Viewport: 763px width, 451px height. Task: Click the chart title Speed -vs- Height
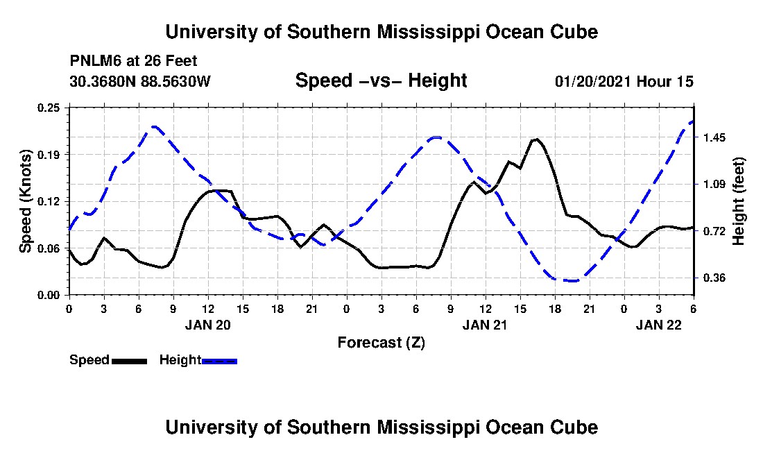click(381, 80)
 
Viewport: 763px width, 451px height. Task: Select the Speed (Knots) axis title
click(26, 201)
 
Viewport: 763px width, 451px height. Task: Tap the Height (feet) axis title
click(739, 201)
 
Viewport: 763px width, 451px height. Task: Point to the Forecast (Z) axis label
click(381, 342)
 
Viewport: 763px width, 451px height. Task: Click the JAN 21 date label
click(486, 325)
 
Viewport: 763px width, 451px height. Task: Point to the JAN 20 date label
click(207, 325)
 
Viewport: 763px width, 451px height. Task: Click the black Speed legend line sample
click(129, 361)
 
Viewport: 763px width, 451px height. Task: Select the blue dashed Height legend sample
click(219, 361)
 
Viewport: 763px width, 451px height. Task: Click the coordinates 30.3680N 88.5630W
click(139, 81)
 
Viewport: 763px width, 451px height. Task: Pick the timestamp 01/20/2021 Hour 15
click(624, 81)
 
